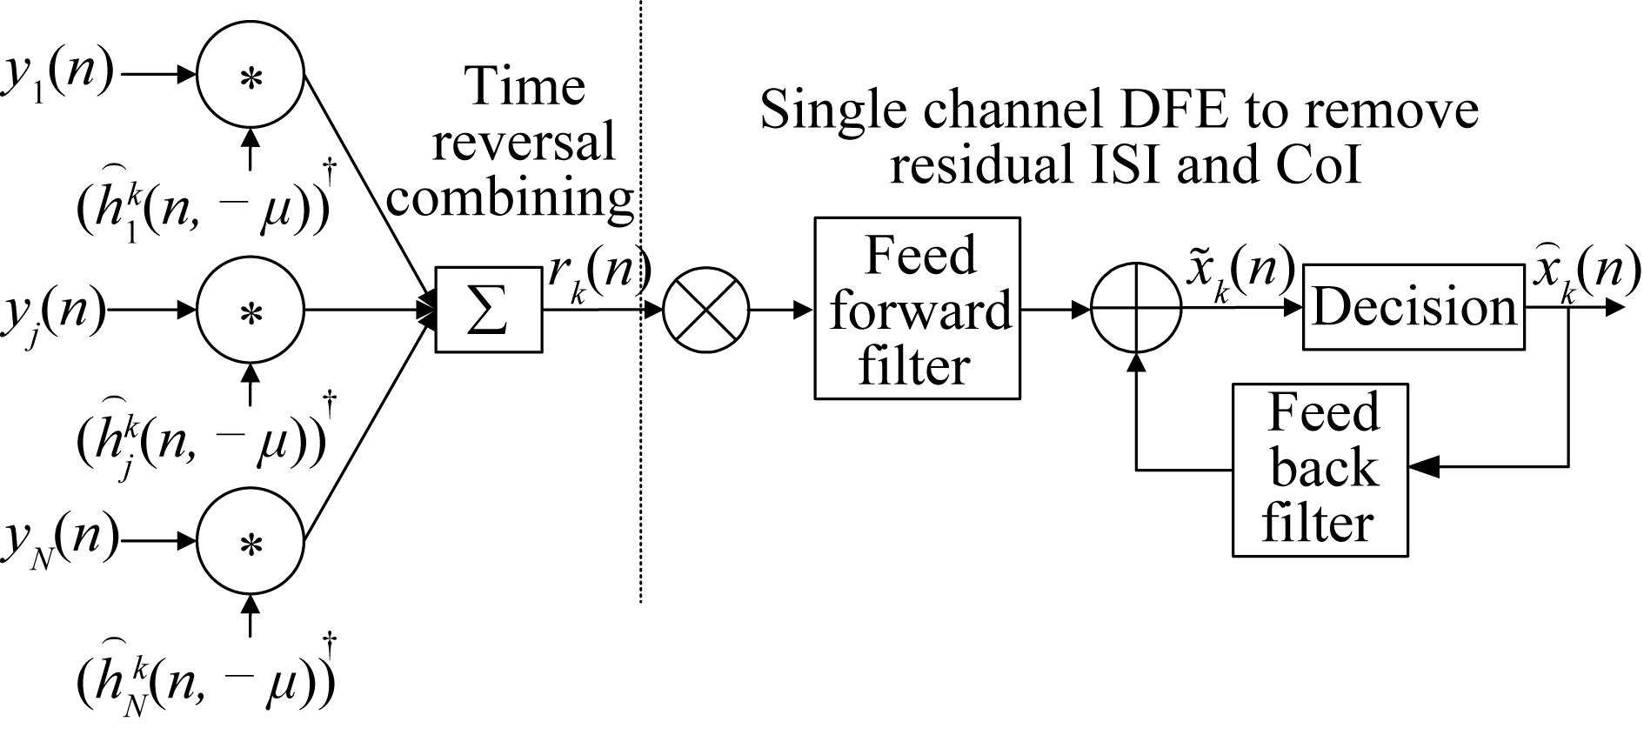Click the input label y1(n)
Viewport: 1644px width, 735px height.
[x=57, y=77]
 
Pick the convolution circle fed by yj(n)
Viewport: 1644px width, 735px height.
[x=251, y=311]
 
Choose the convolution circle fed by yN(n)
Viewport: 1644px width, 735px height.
[x=251, y=545]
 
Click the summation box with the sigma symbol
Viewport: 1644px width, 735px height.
[x=488, y=310]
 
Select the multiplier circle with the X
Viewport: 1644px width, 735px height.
[x=705, y=310]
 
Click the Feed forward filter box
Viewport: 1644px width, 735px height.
[x=917, y=309]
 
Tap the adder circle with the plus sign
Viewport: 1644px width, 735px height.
[x=1136, y=309]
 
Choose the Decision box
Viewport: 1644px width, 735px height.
[x=1413, y=308]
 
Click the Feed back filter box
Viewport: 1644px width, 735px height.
[x=1320, y=470]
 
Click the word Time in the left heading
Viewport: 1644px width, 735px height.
[x=525, y=87]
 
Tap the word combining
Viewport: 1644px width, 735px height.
[x=511, y=197]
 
